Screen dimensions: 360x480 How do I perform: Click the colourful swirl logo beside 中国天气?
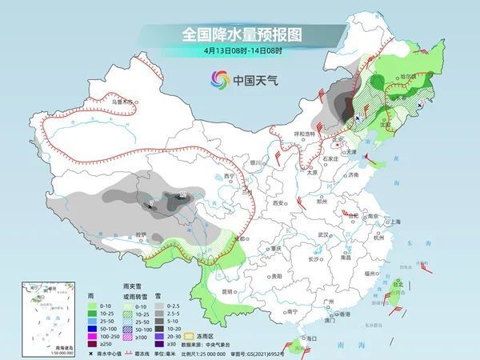pyautogui.click(x=219, y=79)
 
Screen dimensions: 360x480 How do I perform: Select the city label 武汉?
pyautogui.click(x=323, y=234)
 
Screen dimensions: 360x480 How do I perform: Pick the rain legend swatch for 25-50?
pyautogui.click(x=91, y=318)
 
